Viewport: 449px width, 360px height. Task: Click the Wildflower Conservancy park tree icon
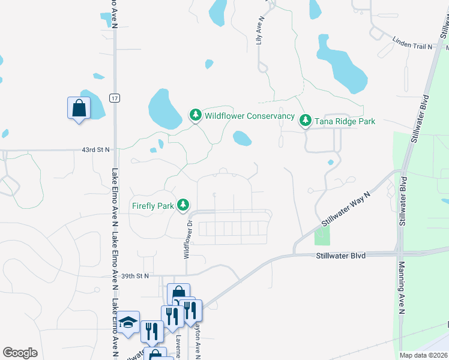(x=195, y=115)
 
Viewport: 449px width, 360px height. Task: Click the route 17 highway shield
(x=114, y=97)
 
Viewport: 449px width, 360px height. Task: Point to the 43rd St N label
(x=95, y=150)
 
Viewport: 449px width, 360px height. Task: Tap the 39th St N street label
(x=133, y=276)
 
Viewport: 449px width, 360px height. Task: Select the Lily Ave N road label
(x=260, y=31)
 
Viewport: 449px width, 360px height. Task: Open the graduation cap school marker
(x=128, y=323)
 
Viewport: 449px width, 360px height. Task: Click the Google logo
(x=20, y=353)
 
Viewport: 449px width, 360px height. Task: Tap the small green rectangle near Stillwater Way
(x=322, y=236)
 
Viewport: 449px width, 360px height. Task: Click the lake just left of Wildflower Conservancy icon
(x=164, y=109)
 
